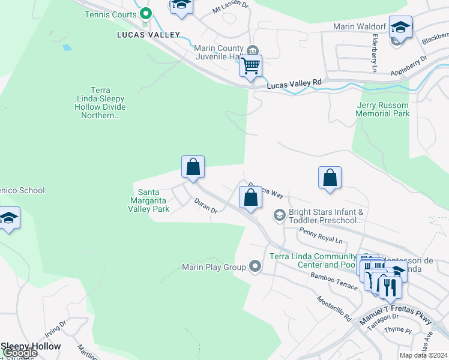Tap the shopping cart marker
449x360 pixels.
250,65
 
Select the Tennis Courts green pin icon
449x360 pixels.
145,13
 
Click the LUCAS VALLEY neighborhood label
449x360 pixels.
148,35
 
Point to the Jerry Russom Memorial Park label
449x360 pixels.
382,109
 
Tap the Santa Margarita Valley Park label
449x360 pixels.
149,200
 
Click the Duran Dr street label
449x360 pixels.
205,206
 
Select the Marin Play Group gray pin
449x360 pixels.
256,266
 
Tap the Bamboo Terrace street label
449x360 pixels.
334,280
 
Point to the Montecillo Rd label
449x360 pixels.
334,309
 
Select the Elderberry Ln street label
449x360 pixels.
374,46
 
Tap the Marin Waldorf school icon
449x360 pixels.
400,27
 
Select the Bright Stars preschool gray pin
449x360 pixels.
279,214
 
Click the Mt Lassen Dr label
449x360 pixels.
230,8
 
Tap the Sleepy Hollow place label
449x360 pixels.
31,346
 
